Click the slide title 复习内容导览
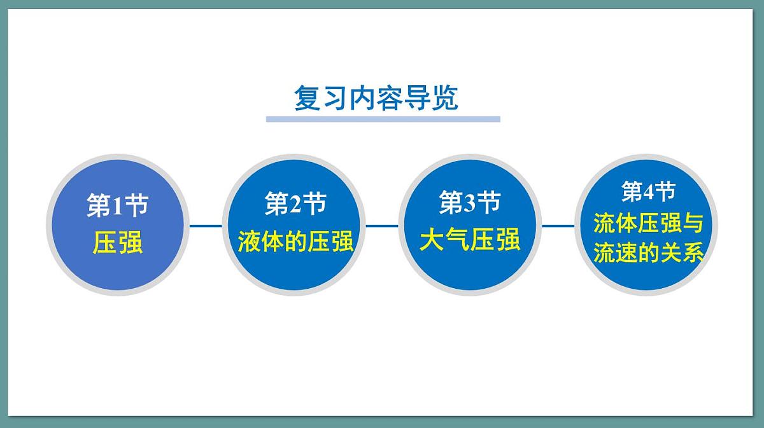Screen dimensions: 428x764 pyautogui.click(x=376, y=99)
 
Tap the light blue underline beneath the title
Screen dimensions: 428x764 pyautogui.click(x=383, y=119)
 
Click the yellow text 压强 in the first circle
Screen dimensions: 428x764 pyautogui.click(x=118, y=243)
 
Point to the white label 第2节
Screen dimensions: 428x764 pyautogui.click(x=295, y=204)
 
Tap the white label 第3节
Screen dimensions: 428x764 pyautogui.click(x=470, y=203)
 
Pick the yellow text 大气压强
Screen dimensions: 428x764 pyautogui.click(x=470, y=240)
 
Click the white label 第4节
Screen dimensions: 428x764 pyautogui.click(x=648, y=191)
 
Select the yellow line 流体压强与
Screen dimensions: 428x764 pyautogui.click(x=648, y=223)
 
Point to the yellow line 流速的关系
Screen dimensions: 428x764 pyautogui.click(x=648, y=253)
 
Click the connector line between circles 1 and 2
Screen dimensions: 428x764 pyautogui.click(x=206, y=225)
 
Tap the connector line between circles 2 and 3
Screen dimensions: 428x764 pyautogui.click(x=382, y=225)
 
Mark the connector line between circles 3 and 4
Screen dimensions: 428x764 pyautogui.click(x=558, y=225)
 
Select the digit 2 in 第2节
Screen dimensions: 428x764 pyautogui.click(x=295, y=204)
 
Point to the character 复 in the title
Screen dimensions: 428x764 pyautogui.click(x=306, y=99)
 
